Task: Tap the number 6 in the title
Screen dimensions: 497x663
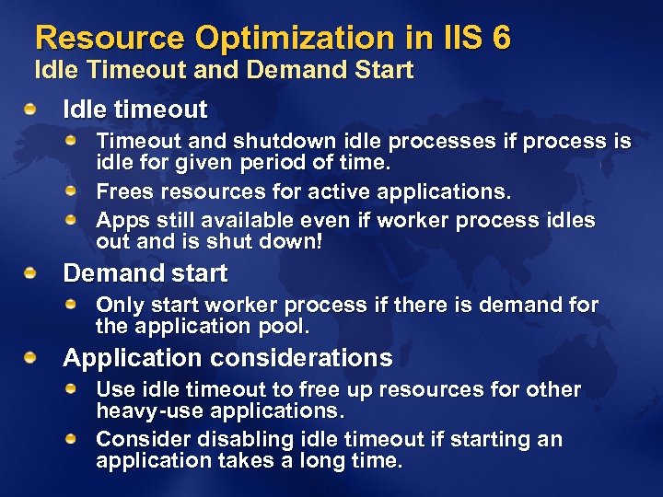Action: tap(500, 39)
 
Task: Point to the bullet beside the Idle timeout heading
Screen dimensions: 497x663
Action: tap(32, 110)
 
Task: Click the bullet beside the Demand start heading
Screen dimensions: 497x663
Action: tap(32, 274)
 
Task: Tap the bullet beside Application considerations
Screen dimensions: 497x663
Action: tap(32, 358)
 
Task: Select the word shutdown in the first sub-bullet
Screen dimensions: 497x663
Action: tap(274, 142)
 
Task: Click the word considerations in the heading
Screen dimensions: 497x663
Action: tap(302, 358)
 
